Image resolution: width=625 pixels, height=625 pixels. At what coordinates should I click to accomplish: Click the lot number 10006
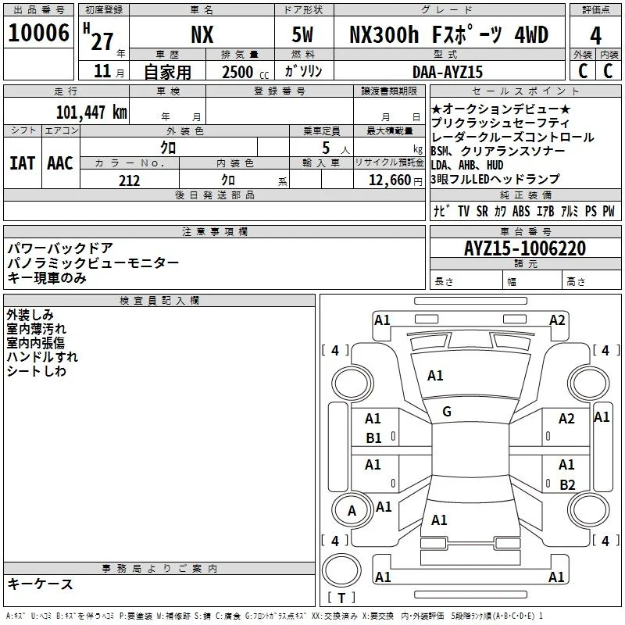[x=38, y=33]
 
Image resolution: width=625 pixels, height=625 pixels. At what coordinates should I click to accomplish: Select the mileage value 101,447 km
[x=91, y=112]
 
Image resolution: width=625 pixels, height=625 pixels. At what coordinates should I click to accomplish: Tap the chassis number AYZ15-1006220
[x=525, y=248]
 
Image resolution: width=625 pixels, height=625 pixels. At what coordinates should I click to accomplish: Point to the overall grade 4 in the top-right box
[x=595, y=36]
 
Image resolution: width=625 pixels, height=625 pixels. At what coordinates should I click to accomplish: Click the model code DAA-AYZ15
[x=448, y=72]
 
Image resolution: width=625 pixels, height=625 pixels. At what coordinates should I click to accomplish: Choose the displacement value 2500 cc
[x=245, y=72]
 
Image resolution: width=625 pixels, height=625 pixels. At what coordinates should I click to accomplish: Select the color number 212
[x=130, y=180]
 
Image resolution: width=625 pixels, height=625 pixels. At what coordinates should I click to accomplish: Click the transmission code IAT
[x=23, y=163]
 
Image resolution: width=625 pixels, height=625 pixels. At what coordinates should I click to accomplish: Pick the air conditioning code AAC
[x=60, y=163]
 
